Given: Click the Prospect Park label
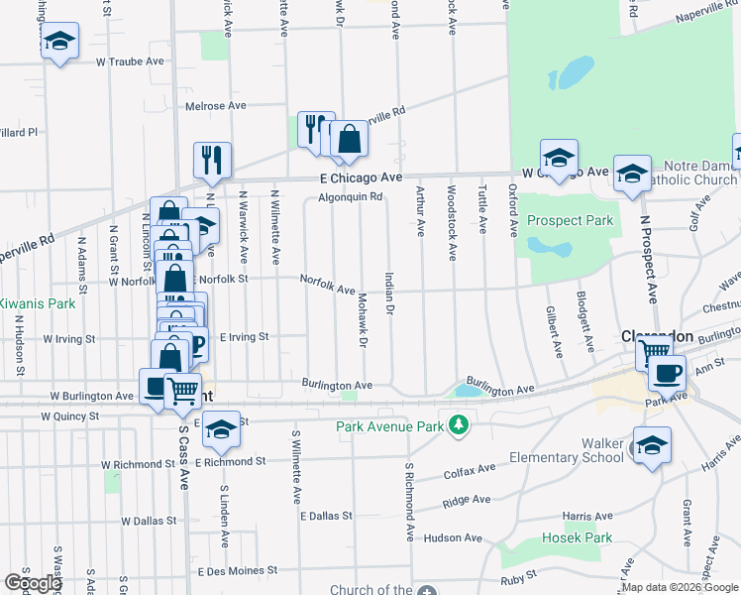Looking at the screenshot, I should coord(570,220).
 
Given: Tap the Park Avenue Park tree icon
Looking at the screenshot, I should coord(458,425).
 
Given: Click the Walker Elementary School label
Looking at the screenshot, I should coord(566,449).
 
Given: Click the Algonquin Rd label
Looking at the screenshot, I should coord(352,196).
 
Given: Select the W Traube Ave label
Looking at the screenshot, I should coord(130,61).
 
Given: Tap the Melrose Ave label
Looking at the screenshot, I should coord(215,105).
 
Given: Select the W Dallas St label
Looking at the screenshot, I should coord(153,520).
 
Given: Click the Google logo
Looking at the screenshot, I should coord(34,583).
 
